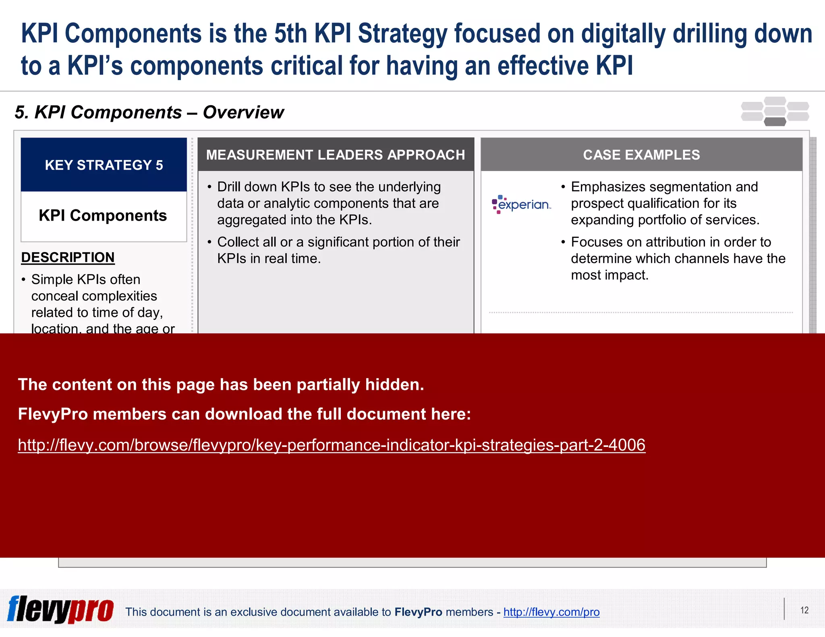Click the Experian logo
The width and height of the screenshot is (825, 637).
[x=521, y=204]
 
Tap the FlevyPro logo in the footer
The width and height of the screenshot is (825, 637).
[x=60, y=610]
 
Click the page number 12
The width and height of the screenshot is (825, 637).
[x=804, y=610]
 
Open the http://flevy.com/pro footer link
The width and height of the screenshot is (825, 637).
[x=551, y=612]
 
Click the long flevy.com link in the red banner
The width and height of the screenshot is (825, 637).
[x=332, y=445]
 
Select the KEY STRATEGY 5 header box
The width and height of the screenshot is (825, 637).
[x=104, y=165]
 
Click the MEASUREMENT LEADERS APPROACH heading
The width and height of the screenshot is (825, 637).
[x=336, y=155]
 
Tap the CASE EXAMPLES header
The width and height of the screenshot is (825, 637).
[x=641, y=155]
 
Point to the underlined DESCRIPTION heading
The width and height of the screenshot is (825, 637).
[x=68, y=257]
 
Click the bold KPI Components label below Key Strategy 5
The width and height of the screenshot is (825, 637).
[x=103, y=215]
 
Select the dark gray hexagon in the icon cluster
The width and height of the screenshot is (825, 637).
[x=775, y=122]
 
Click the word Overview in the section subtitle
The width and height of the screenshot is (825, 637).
[x=243, y=112]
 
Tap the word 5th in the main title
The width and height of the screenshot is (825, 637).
[x=290, y=33]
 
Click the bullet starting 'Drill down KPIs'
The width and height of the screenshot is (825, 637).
[x=328, y=203]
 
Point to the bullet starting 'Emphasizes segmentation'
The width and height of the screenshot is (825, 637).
[x=665, y=203]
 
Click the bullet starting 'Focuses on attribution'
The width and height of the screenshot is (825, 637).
[x=678, y=258]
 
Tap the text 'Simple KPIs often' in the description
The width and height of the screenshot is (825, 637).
[x=86, y=279]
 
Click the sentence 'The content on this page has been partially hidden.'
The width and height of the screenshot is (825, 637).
[x=221, y=385]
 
